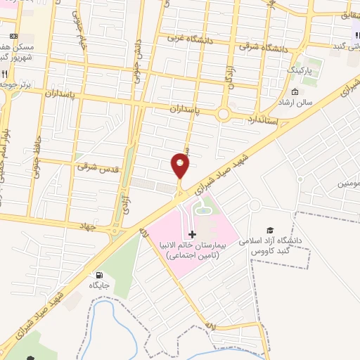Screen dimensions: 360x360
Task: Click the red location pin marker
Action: click(181, 166)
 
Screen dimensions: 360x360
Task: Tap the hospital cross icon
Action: click(193, 233)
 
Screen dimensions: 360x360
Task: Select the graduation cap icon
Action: click(269, 230)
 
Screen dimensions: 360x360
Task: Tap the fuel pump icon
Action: click(98, 275)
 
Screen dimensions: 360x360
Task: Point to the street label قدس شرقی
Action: click(96, 167)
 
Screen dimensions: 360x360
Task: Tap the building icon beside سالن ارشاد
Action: click(295, 93)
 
